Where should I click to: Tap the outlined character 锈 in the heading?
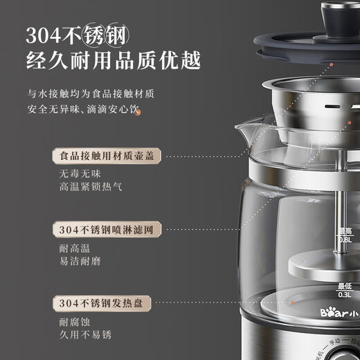coord(114,34)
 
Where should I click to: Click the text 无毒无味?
coord(75,174)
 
